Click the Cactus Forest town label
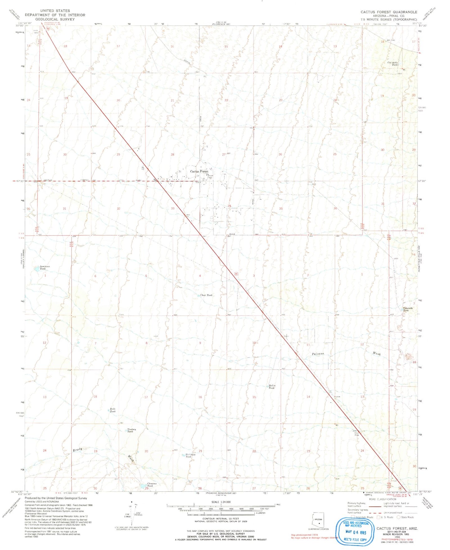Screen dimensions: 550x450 tap(199, 171)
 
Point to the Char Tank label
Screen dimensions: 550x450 tap(206, 295)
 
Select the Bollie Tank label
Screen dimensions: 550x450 tap(272, 387)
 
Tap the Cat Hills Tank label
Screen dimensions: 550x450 tap(393, 64)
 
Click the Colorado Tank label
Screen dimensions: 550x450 tap(408, 309)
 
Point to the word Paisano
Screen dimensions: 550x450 tap(318, 354)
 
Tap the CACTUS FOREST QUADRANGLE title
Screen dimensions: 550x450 tap(389, 12)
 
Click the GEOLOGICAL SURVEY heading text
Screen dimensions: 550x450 tap(55, 19)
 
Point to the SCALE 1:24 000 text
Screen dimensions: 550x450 tap(221, 502)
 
